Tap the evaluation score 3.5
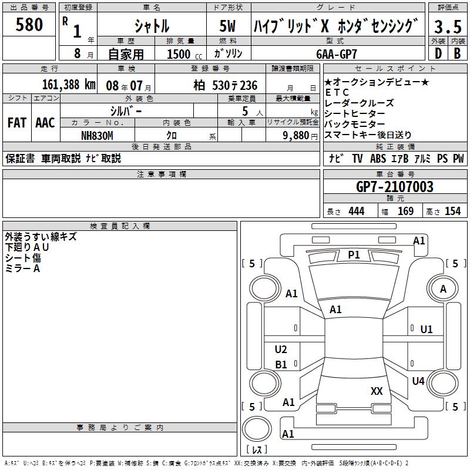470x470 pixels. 447,27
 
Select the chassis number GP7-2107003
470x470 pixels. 395,187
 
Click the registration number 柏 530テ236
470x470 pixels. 226,85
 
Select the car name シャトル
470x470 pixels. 152,26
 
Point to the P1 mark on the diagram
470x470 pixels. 354,254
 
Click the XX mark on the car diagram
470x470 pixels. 377,391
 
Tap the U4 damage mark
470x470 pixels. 418,381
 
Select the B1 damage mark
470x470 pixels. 281,365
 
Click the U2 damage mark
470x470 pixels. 281,350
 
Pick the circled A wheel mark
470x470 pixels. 443,289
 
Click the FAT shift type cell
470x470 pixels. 16,123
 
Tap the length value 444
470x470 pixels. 356,211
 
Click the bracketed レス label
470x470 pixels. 257,449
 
